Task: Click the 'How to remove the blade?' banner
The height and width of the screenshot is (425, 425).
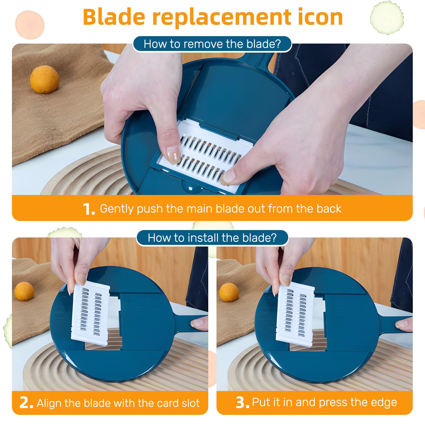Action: tap(212, 44)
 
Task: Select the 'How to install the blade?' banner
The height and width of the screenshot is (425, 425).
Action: tap(212, 238)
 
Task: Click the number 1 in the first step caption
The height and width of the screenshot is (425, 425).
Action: tap(88, 209)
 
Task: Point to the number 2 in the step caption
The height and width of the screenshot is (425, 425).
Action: tap(26, 403)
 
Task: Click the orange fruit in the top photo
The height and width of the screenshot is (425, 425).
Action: tap(44, 79)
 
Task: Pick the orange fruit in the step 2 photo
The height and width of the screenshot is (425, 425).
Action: tap(24, 291)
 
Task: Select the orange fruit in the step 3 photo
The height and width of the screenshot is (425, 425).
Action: tap(229, 292)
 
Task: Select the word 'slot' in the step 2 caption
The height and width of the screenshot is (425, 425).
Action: tap(190, 403)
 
